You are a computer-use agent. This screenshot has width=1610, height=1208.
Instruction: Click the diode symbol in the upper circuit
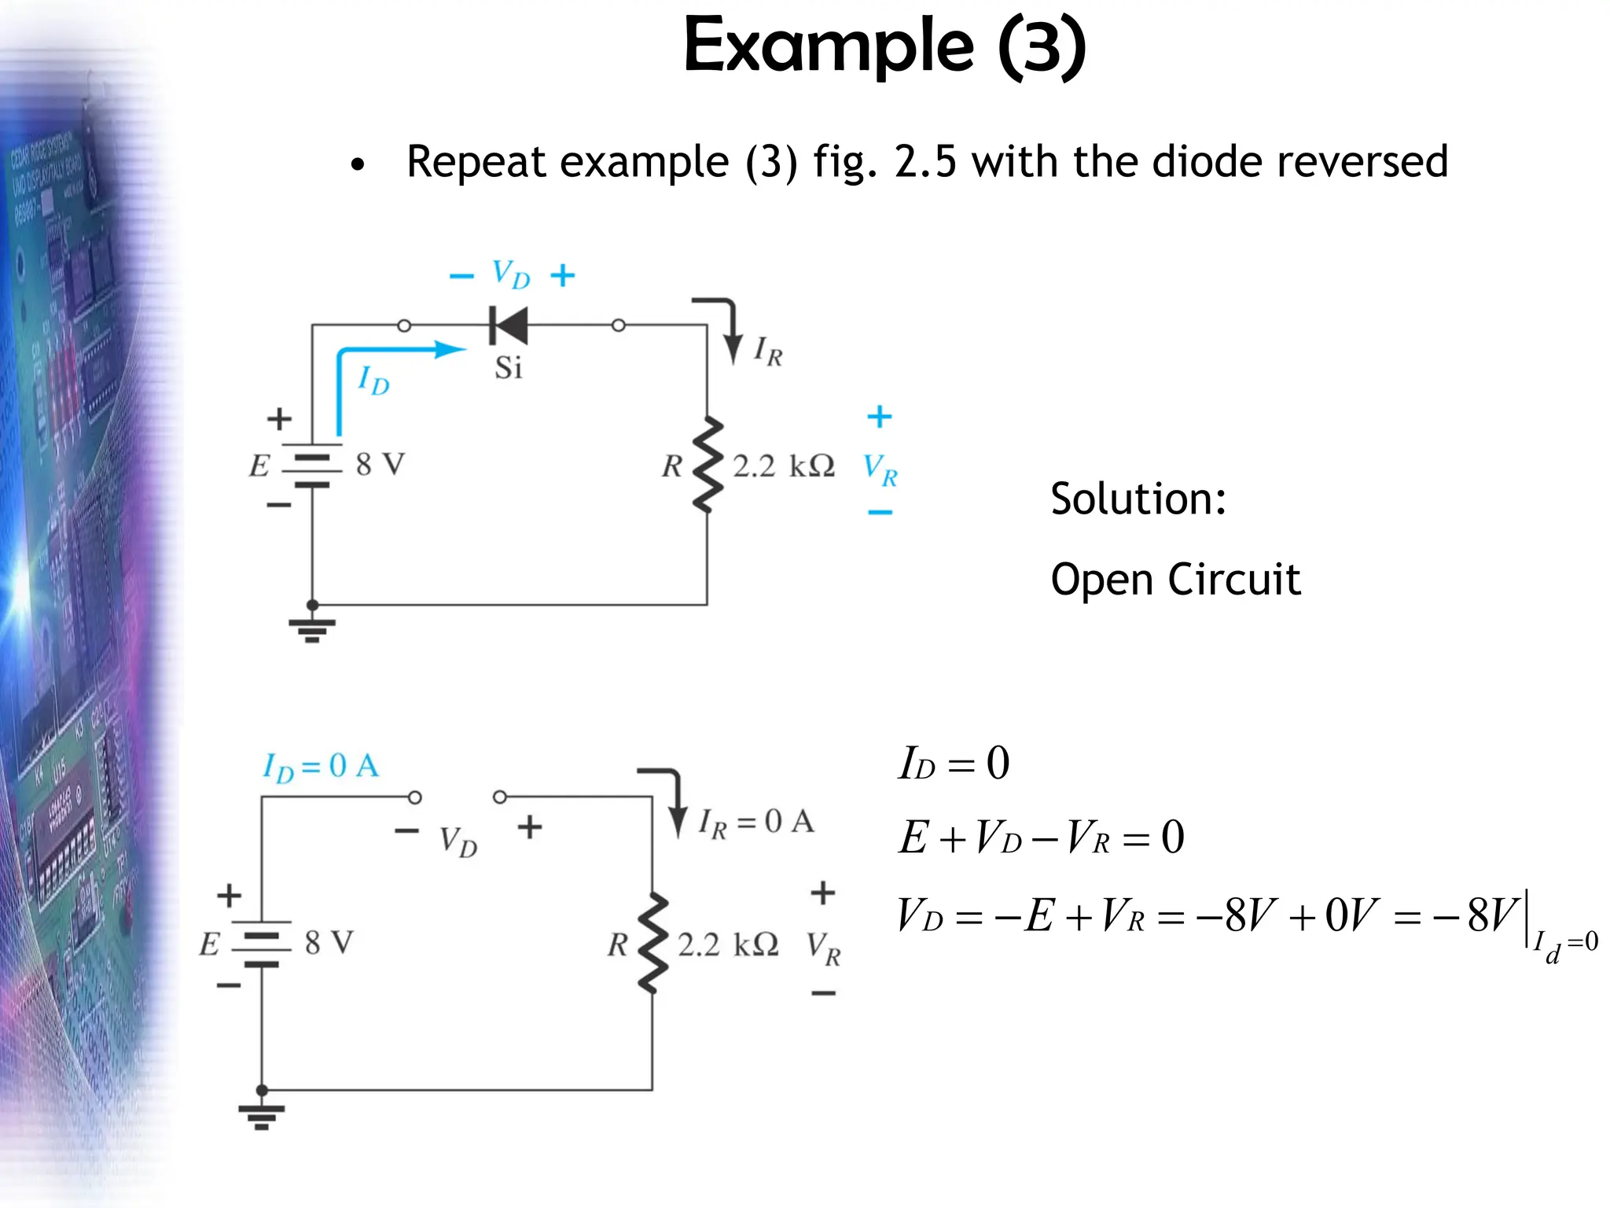(x=509, y=325)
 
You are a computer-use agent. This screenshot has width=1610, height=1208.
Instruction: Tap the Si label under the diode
(x=508, y=367)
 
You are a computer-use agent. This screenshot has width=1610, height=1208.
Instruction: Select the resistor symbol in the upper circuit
(x=708, y=465)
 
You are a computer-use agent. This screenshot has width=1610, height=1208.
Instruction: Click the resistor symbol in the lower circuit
(x=652, y=943)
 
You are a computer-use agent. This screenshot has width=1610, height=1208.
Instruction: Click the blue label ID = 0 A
(x=321, y=766)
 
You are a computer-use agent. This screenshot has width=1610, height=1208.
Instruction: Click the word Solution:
(x=1138, y=499)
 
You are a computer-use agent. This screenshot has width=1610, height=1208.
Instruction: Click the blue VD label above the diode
(x=511, y=274)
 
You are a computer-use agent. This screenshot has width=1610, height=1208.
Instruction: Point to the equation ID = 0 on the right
(x=954, y=763)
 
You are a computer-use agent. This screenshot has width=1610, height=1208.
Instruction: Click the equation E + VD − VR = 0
(x=1041, y=837)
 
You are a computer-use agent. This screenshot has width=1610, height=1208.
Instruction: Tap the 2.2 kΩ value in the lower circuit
(x=728, y=945)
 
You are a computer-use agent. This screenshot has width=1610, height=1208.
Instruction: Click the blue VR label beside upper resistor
(x=880, y=470)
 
